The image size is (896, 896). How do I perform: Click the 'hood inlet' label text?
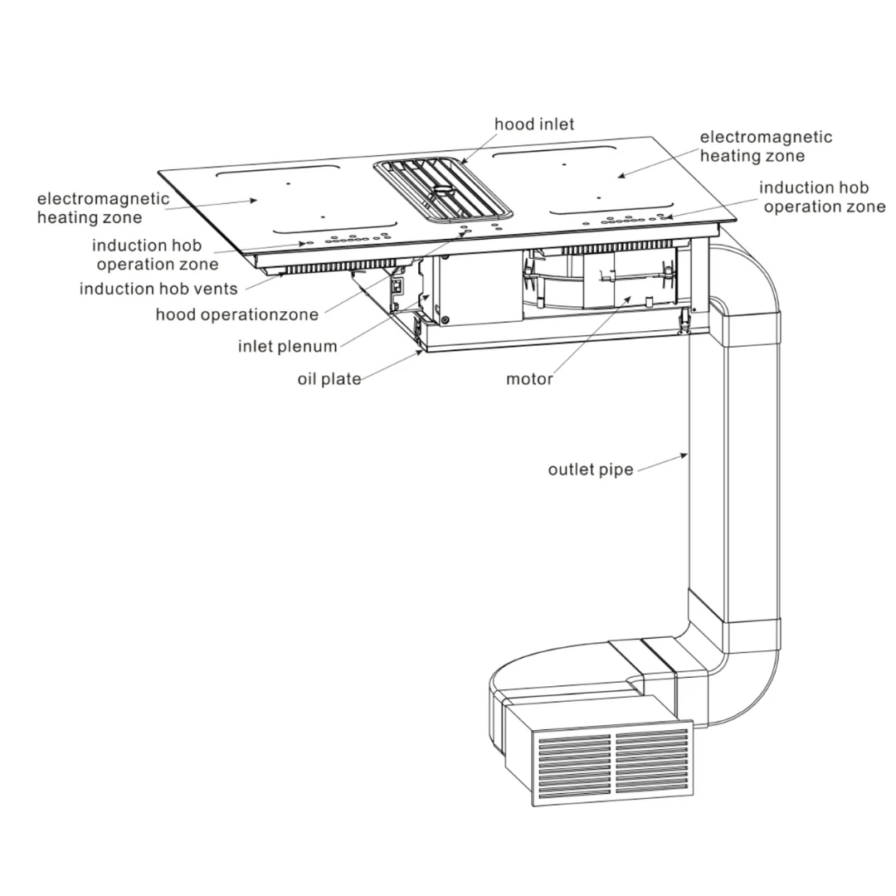534,124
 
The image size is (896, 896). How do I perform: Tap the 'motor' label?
529,380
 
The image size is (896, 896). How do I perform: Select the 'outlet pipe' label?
591,470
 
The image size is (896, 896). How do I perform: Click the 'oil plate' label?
329,380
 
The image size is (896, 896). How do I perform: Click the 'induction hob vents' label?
158,289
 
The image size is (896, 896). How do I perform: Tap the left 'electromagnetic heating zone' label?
103,208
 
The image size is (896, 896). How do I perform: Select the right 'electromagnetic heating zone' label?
765,146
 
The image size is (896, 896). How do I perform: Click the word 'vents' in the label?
214,289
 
